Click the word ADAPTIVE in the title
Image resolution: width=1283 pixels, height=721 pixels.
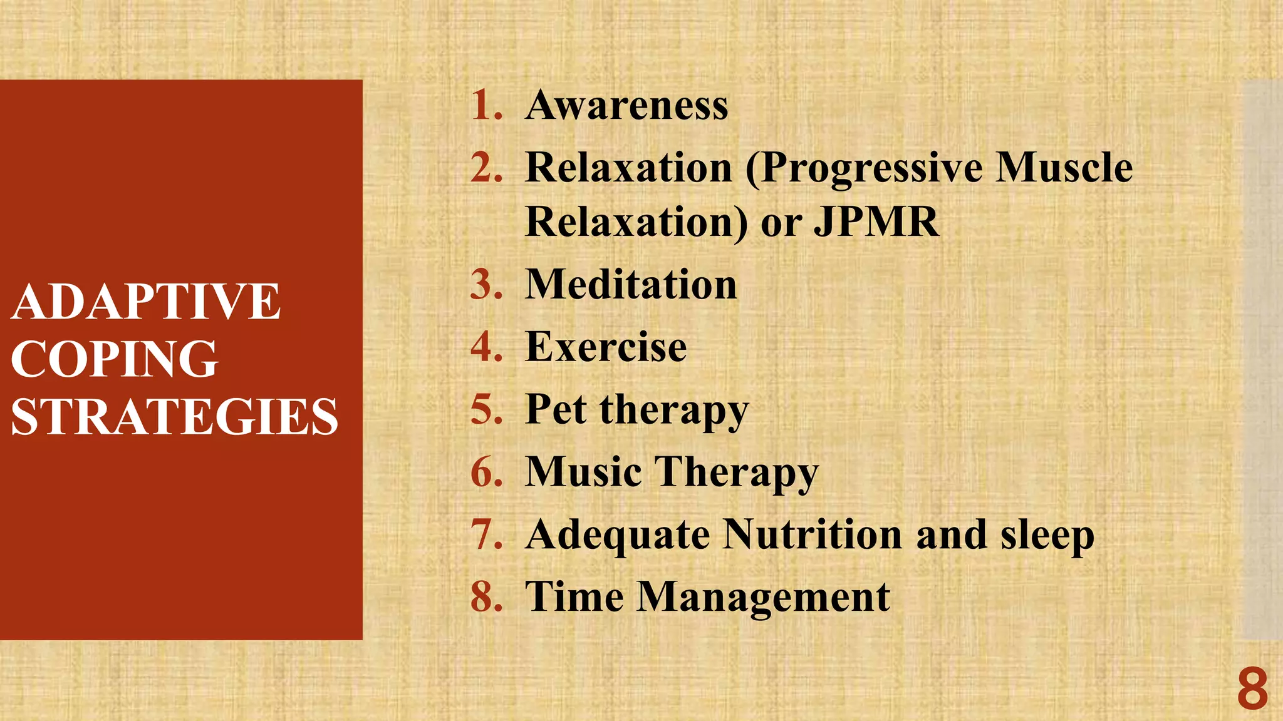(x=145, y=302)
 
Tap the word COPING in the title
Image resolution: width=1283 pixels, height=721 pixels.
(x=114, y=359)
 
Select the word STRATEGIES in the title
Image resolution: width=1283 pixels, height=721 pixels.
(x=174, y=417)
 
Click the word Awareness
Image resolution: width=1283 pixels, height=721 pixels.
(x=627, y=105)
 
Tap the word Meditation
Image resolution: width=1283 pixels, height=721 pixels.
(x=631, y=285)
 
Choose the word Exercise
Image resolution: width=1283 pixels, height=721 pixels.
(x=606, y=347)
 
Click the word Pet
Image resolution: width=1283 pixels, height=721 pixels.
(x=556, y=409)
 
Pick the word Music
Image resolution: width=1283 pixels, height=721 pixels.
(x=583, y=471)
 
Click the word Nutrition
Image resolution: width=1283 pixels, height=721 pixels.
(x=813, y=534)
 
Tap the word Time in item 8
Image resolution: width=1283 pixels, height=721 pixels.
(x=574, y=596)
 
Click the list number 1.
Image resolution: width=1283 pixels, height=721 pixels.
(x=486, y=105)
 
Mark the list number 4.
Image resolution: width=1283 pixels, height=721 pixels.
(x=486, y=347)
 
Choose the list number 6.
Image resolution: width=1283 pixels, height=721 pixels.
(x=486, y=471)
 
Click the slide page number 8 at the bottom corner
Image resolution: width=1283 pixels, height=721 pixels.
(x=1252, y=689)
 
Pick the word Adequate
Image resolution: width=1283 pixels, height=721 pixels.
(x=617, y=536)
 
